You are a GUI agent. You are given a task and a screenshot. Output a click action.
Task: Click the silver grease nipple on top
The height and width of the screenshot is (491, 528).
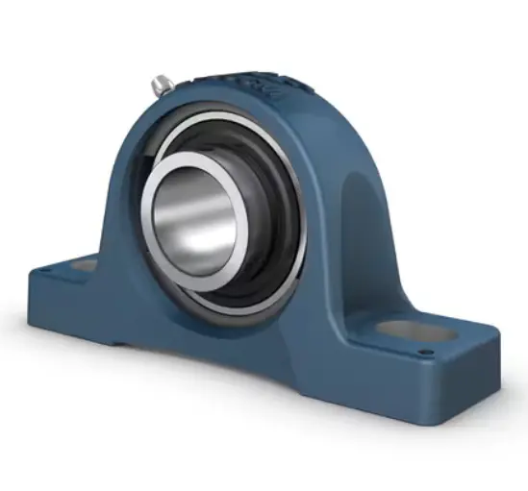(160, 86)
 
